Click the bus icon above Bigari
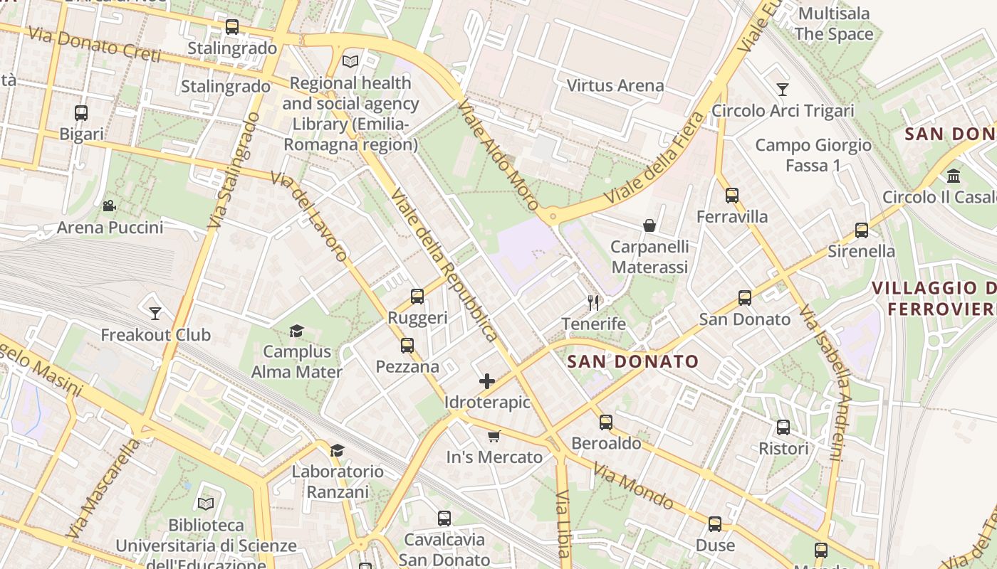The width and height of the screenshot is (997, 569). point(81,112)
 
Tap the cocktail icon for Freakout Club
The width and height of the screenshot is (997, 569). point(155,313)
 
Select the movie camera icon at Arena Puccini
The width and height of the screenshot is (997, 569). point(109,206)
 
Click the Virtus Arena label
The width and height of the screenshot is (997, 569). point(615,85)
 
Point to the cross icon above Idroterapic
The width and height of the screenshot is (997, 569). point(487,381)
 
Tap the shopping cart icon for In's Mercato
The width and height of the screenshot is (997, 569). point(494,436)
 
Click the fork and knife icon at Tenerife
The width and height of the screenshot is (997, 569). point(593,303)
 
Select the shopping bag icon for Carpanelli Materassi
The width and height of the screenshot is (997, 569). point(649,225)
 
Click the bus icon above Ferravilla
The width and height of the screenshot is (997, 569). point(732,196)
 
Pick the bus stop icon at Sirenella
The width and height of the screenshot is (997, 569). point(862,230)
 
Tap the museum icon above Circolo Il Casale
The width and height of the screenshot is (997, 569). point(954,176)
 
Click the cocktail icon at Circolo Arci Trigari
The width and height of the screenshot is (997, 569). point(783,90)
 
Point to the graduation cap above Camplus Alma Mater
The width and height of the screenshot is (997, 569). point(296,331)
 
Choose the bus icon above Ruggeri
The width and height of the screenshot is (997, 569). point(417,297)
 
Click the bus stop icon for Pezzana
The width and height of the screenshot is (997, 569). point(407,346)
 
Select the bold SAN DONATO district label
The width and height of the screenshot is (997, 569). point(632,361)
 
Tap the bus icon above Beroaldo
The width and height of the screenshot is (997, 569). point(606,422)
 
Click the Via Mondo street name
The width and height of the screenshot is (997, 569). point(633,487)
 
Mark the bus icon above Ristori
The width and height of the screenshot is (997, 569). point(783,427)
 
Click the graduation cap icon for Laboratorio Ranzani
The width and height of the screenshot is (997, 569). point(338,450)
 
